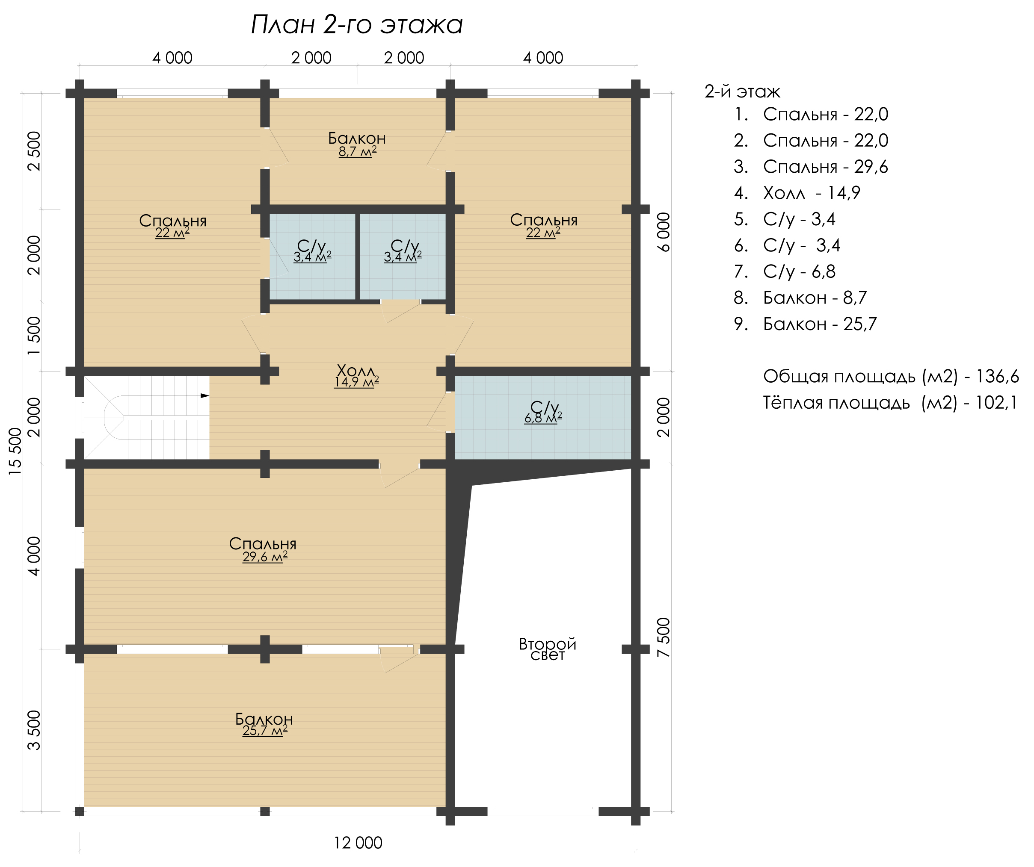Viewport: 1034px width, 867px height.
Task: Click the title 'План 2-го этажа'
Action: pyautogui.click(x=356, y=25)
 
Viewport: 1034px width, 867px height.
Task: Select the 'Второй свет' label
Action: pyautogui.click(x=547, y=649)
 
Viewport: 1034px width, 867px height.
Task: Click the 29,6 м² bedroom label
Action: pyautogui.click(x=264, y=557)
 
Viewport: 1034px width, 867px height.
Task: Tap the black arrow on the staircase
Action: pyautogui.click(x=205, y=395)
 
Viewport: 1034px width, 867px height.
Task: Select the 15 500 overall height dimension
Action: pyautogui.click(x=16, y=451)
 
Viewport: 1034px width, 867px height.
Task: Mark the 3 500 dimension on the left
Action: pyautogui.click(x=34, y=730)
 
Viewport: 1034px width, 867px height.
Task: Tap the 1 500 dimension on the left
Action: pyautogui.click(x=34, y=336)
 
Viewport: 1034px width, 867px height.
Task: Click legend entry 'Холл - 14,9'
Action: pyautogui.click(x=797, y=193)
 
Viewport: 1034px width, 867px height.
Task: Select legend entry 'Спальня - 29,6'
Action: pyautogui.click(x=811, y=167)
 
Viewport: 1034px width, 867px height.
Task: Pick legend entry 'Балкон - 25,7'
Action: pyautogui.click(x=805, y=324)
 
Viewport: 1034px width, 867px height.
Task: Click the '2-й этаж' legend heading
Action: pyautogui.click(x=743, y=91)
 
